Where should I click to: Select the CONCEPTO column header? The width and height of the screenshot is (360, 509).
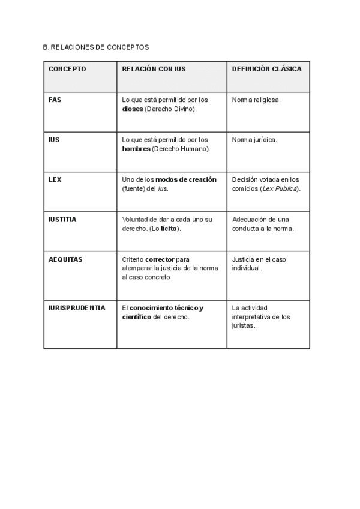click(67, 69)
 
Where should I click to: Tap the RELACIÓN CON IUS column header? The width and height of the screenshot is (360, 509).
click(154, 69)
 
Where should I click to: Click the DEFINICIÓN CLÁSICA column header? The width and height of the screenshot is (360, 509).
click(266, 69)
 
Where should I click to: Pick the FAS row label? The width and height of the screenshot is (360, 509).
click(55, 100)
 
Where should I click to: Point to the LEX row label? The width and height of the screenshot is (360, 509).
click(55, 179)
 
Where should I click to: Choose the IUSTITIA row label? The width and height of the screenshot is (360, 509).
click(62, 220)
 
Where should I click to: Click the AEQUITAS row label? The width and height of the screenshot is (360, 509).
click(65, 259)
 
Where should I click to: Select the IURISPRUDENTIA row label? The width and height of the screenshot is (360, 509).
click(77, 308)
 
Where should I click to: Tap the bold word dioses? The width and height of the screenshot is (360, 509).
click(132, 109)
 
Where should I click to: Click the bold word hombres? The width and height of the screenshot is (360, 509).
click(136, 149)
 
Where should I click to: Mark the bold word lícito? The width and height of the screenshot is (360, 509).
click(170, 229)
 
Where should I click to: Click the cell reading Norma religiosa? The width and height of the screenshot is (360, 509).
click(256, 100)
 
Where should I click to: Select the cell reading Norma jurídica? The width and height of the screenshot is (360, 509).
click(254, 140)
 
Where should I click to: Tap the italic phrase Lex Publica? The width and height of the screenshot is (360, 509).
click(279, 188)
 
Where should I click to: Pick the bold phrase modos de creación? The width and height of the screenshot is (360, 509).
click(186, 179)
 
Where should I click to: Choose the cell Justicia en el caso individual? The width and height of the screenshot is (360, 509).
click(260, 264)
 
